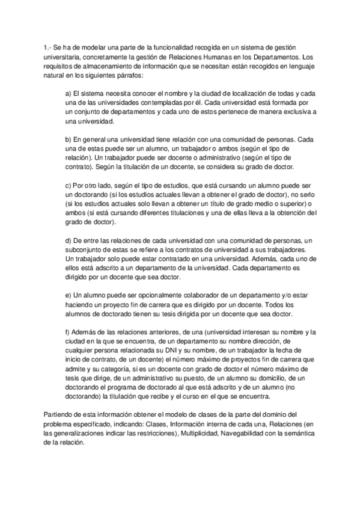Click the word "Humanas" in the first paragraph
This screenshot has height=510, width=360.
coord(201,57)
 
